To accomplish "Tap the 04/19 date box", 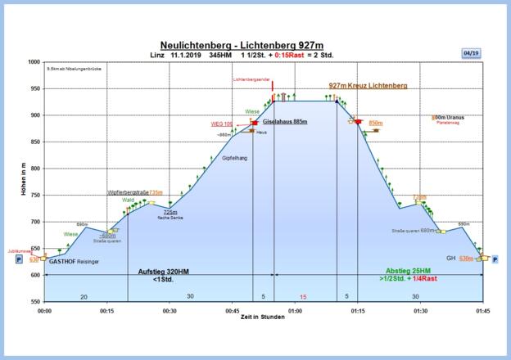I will pyautogui.click(x=471, y=53).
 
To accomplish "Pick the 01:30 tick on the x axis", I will pyautogui.click(x=420, y=311).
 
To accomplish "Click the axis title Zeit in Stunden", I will pyautogui.click(x=264, y=317).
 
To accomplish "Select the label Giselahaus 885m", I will pyautogui.click(x=285, y=121).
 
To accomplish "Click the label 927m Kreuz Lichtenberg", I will pyautogui.click(x=368, y=85).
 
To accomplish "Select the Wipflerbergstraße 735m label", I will pyautogui.click(x=135, y=192).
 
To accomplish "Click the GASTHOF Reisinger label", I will pyautogui.click(x=75, y=262).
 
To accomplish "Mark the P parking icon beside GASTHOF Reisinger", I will pyautogui.click(x=19, y=259).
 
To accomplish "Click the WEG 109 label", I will pyautogui.click(x=222, y=124).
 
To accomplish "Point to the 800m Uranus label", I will pyautogui.click(x=449, y=117).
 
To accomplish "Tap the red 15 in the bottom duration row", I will pyautogui.click(x=303, y=296).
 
